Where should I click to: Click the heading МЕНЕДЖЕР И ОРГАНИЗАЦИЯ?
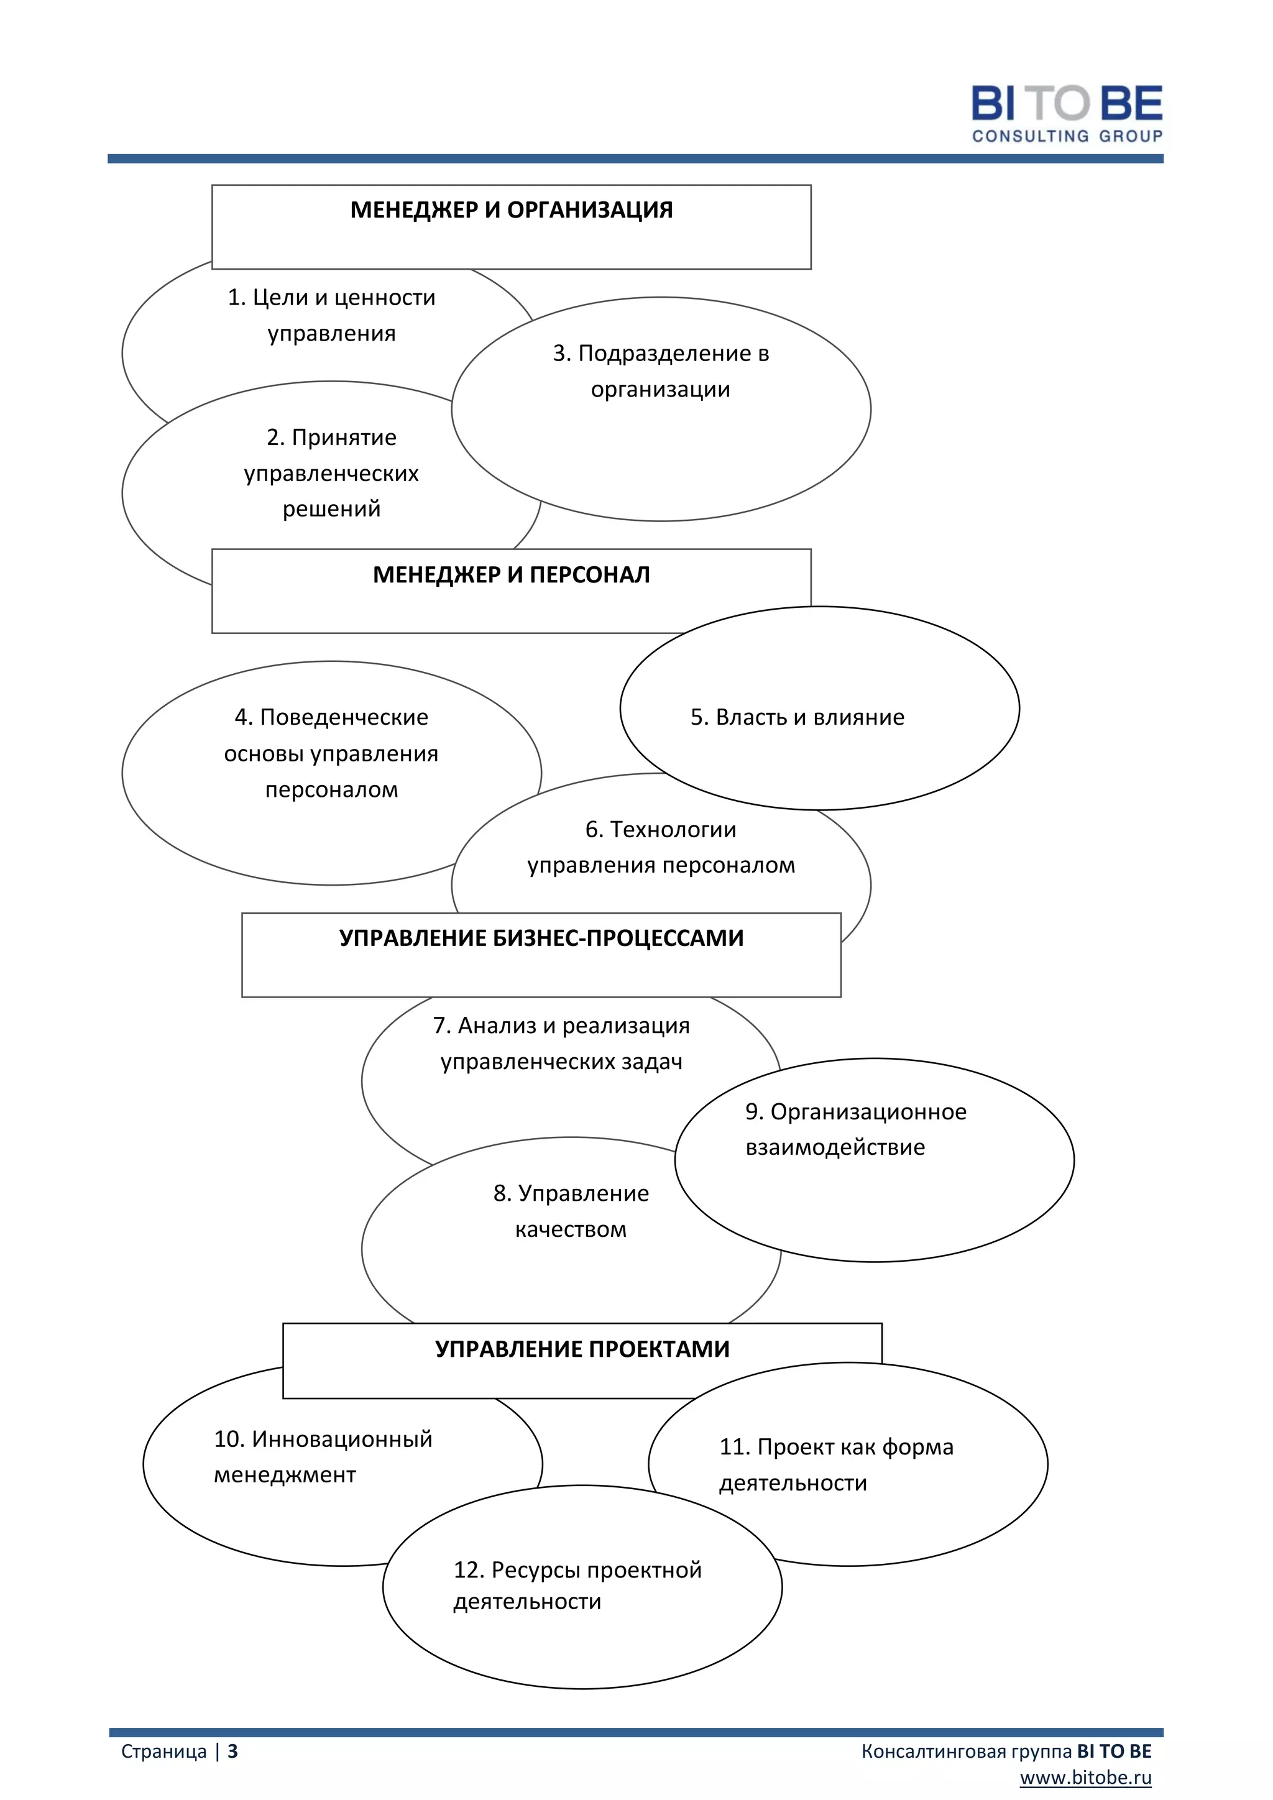coord(511,210)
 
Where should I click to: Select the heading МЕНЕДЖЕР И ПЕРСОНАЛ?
coord(511,575)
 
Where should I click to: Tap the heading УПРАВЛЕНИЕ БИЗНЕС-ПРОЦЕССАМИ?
coord(541,938)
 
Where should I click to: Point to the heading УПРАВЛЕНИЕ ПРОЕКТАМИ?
coord(582,1348)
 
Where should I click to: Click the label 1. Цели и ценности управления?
coord(331,315)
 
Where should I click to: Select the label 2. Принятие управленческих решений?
coord(331,473)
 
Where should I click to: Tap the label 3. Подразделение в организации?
coord(661,371)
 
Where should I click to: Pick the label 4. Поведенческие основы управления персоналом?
coord(331,753)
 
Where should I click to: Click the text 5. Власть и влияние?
coord(797,717)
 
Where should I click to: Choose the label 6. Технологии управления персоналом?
coord(661,847)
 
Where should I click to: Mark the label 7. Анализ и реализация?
coord(561,1043)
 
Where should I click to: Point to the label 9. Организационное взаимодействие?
coord(855,1129)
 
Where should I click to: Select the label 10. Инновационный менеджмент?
coord(323,1456)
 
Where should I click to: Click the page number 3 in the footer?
coord(233,1752)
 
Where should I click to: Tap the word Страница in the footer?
coord(164,1752)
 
